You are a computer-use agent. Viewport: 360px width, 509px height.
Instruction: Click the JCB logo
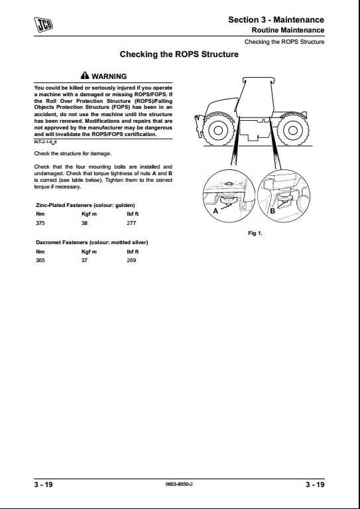click(44, 25)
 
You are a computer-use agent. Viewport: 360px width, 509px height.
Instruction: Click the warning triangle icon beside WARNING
click(85, 76)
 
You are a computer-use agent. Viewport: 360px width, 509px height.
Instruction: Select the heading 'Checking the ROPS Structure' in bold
click(179, 54)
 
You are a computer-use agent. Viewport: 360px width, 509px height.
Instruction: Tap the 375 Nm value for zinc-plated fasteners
click(40, 223)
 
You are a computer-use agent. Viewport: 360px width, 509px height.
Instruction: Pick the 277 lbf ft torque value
click(131, 223)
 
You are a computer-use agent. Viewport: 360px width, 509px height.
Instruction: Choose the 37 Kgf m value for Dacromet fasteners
click(84, 260)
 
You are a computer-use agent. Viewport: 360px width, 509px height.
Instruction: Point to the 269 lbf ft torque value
click(131, 260)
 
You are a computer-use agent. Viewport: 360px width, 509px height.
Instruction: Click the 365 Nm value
click(40, 260)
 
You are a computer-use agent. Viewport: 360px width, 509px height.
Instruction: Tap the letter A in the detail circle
click(215, 211)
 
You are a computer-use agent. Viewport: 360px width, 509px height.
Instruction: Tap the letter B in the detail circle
click(272, 211)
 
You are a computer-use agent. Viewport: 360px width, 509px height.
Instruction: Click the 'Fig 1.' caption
click(255, 233)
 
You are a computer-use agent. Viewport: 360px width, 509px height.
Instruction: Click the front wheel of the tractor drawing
click(218, 130)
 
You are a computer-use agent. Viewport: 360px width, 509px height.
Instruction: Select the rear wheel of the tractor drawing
click(293, 130)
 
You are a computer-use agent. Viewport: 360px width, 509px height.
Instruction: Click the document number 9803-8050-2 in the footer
click(179, 484)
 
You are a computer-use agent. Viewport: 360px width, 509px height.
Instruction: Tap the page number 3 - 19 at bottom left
click(43, 484)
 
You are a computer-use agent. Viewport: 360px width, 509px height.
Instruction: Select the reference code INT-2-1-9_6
click(45, 142)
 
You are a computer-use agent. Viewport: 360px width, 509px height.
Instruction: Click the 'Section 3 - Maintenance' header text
click(276, 19)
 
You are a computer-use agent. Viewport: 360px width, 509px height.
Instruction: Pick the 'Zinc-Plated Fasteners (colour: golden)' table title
click(86, 205)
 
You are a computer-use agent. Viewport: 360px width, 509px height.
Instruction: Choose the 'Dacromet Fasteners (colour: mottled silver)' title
click(92, 242)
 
